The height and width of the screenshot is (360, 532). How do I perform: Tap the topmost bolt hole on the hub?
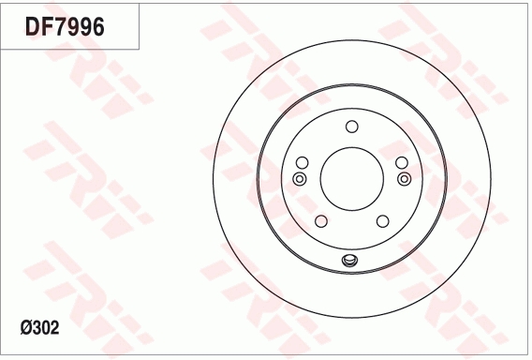point(351,127)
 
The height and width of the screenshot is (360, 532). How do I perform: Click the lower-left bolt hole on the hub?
point(320,221)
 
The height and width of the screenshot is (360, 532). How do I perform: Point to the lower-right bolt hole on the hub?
point(382,221)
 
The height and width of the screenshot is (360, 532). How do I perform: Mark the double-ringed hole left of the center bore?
point(300,178)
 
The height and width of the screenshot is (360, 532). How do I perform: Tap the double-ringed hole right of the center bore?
point(404,178)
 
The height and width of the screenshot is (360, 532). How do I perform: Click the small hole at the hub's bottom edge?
point(351,262)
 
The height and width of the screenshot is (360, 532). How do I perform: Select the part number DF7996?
point(65,27)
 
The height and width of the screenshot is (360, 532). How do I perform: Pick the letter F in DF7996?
point(47,27)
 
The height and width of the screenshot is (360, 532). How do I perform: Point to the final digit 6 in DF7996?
point(96,27)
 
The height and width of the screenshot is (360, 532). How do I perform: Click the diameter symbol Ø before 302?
point(26,328)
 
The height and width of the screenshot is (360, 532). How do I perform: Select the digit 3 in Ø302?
point(38,328)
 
